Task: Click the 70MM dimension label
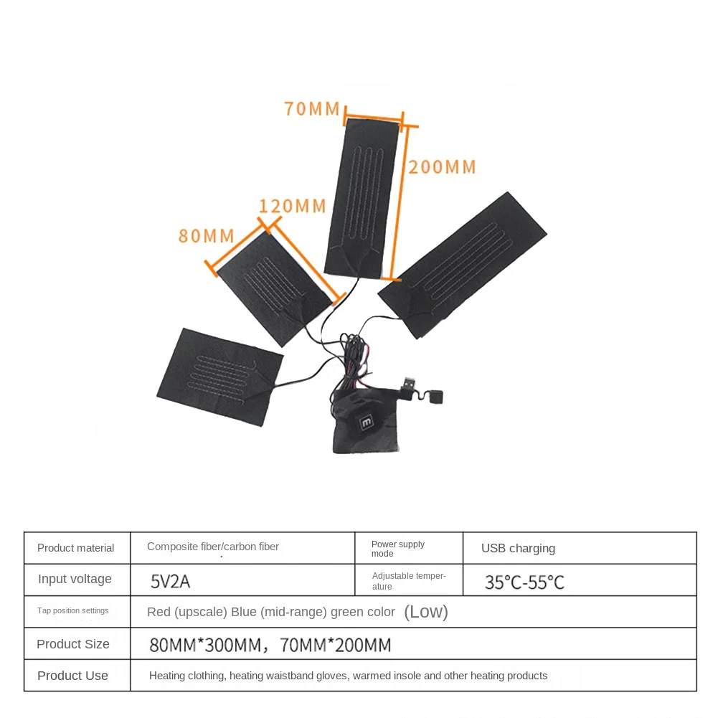pos(311,109)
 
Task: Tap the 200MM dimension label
pos(442,167)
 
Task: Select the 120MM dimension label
pos(292,207)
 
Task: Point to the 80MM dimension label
pos(207,235)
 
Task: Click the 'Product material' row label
pos(75,548)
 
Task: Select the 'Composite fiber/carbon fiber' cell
pos(213,547)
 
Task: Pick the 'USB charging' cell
pos(518,549)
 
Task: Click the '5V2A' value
pos(170,581)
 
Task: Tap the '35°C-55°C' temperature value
pos(524,582)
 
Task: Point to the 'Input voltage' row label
pos(75,579)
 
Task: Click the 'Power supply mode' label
pos(398,549)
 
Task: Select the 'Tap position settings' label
pos(72,610)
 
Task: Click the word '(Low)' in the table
pos(426,612)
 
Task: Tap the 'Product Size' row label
pos(73,644)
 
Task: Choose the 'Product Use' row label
pos(72,676)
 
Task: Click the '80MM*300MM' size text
pos(200,645)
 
